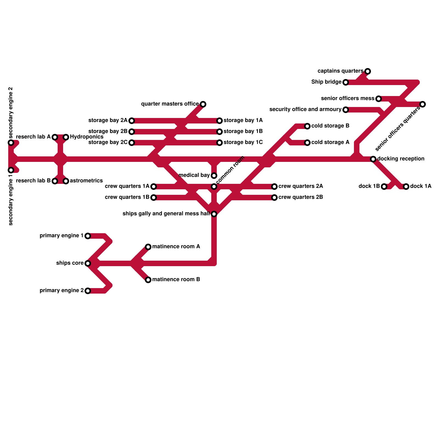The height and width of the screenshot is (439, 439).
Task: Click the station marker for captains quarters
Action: [368, 71]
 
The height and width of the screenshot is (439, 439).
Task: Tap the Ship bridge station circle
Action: [346, 82]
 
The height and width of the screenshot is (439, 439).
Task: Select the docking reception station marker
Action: [373, 159]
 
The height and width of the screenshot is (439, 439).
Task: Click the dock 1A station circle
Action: [406, 187]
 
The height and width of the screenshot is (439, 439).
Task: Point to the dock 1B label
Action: [369, 186]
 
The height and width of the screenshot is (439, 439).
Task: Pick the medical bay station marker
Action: [214, 176]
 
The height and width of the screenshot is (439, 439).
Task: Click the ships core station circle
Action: [88, 263]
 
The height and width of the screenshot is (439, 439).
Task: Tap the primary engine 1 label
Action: [61, 236]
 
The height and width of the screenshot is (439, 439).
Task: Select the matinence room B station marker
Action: [148, 280]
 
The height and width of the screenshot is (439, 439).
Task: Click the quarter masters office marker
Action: [203, 104]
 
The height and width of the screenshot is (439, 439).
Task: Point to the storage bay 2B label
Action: [108, 131]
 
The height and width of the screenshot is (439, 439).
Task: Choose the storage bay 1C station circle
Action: [219, 143]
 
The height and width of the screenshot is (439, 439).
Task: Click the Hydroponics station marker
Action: [66, 137]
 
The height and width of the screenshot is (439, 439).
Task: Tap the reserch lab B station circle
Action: [55, 181]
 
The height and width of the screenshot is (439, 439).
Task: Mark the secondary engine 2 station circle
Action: [11, 143]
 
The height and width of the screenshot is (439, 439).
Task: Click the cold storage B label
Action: [330, 126]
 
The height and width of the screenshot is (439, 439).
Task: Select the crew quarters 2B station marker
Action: [274, 198]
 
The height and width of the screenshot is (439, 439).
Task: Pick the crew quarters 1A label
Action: [127, 186]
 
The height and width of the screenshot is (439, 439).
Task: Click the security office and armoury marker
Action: [346, 110]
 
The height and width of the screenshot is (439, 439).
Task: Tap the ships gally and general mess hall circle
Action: [214, 214]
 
